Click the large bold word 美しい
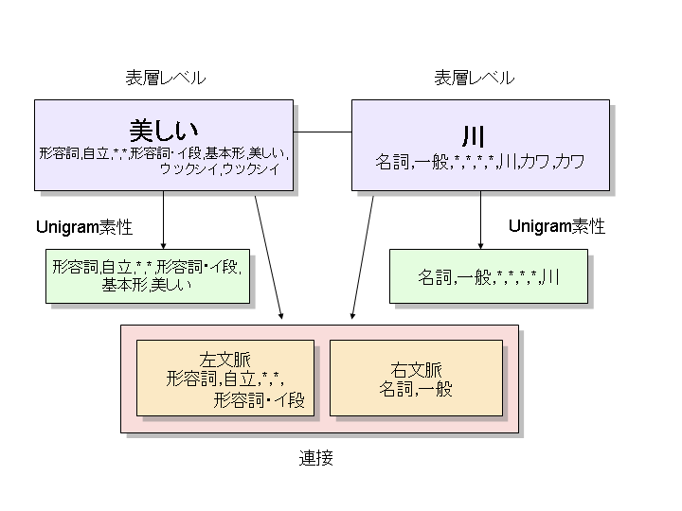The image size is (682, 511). click(x=163, y=130)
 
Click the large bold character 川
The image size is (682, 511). click(x=479, y=134)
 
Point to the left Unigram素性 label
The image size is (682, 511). click(x=83, y=227)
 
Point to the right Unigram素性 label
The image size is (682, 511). click(x=557, y=227)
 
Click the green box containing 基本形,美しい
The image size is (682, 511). click(x=148, y=275)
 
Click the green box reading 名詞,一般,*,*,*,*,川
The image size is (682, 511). click(x=488, y=276)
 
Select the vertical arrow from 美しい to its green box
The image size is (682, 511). click(x=163, y=218)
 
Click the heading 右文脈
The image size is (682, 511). click(x=417, y=370)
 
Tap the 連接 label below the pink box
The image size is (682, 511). click(x=316, y=459)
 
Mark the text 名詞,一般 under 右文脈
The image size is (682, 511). click(x=417, y=388)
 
